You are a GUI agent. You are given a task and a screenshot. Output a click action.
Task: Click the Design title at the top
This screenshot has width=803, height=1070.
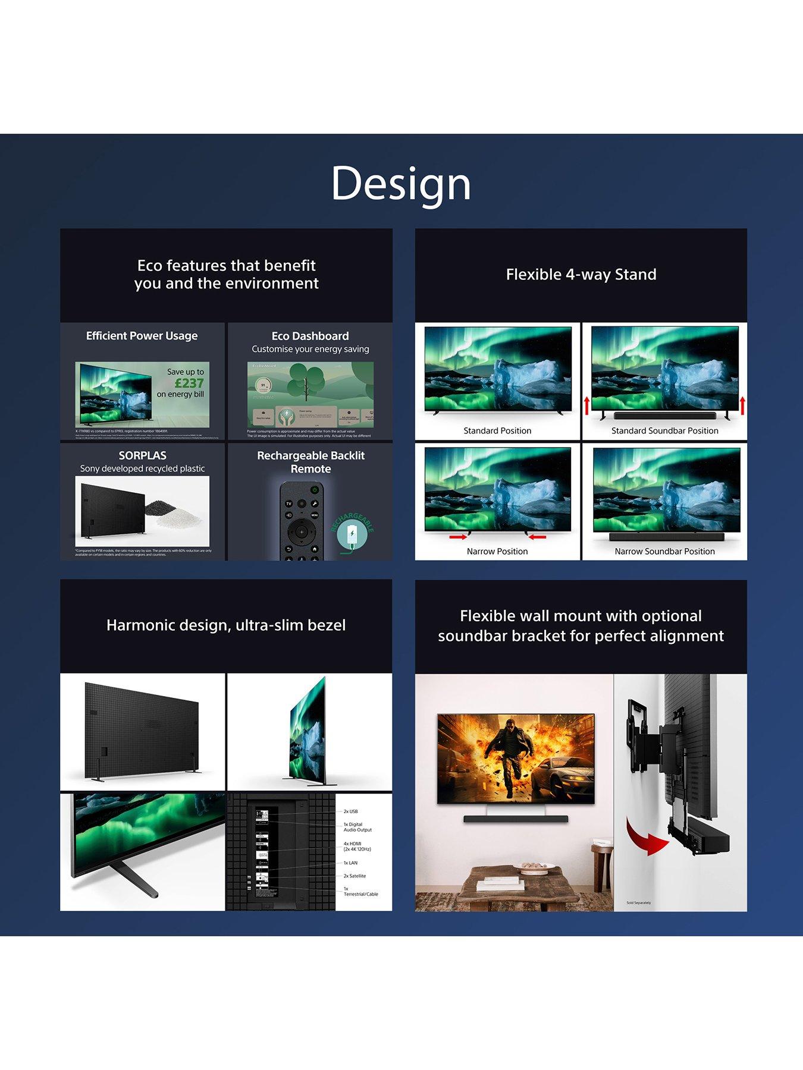[x=401, y=183]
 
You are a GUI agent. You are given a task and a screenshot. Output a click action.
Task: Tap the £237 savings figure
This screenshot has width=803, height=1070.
[x=190, y=383]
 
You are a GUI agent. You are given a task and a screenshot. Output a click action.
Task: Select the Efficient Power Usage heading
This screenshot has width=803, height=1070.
[x=142, y=336]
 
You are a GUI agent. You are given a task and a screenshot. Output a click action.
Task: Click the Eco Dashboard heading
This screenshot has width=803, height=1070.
[x=310, y=336]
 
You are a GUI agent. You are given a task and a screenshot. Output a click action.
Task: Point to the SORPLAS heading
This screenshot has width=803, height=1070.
[x=142, y=456]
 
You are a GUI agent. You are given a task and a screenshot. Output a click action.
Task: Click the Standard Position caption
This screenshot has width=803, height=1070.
[x=497, y=430]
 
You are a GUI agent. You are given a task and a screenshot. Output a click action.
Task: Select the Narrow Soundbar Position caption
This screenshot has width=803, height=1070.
[x=664, y=551]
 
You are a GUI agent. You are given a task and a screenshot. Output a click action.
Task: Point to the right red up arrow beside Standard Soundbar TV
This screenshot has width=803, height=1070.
[x=742, y=406]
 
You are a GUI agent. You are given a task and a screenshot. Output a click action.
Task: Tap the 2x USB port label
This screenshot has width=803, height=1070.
[x=350, y=811]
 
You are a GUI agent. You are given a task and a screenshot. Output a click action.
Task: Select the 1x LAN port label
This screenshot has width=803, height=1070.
[x=350, y=863]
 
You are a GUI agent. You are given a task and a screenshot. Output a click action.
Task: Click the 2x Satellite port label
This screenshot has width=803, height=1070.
[x=355, y=876]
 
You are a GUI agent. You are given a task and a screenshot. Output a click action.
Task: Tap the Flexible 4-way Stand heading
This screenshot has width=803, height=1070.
[x=581, y=275]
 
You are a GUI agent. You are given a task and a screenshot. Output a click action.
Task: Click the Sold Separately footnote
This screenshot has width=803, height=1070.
[x=638, y=902]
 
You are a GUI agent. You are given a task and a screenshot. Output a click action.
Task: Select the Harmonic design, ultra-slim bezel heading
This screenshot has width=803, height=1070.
[x=226, y=625]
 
